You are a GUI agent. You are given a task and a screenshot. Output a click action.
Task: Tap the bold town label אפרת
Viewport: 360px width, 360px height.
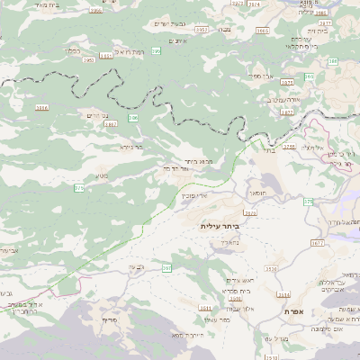294,310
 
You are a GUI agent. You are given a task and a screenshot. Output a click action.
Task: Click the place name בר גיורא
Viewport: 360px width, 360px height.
131,147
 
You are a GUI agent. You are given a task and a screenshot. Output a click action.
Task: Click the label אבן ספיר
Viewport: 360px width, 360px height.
263,76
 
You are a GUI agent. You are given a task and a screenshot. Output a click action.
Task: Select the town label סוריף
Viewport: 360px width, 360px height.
111,320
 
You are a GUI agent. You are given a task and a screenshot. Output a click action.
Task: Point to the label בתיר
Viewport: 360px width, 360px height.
274,151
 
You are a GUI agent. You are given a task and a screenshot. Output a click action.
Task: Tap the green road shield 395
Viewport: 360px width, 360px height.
157,52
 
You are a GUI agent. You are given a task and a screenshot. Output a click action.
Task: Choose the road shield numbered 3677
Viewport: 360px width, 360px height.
317,243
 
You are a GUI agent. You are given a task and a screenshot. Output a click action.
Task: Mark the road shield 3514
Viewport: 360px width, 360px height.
284,294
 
